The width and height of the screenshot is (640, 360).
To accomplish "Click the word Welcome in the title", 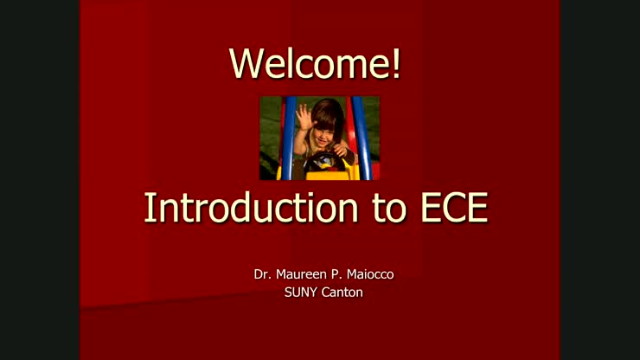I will [310, 63].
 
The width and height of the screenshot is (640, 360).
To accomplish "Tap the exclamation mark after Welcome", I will [396, 63].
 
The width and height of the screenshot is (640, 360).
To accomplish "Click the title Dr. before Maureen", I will [263, 275].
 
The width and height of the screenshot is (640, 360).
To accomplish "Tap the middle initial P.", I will [338, 275].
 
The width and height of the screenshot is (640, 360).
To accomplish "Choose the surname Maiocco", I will [372, 275].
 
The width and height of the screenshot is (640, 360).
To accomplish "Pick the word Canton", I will [342, 292].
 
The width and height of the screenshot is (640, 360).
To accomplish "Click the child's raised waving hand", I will [304, 116].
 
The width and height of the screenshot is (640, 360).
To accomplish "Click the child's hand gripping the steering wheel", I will [340, 151].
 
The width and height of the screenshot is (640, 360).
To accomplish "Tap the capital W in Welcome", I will [245, 63].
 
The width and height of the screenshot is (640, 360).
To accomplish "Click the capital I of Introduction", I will [150, 208].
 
